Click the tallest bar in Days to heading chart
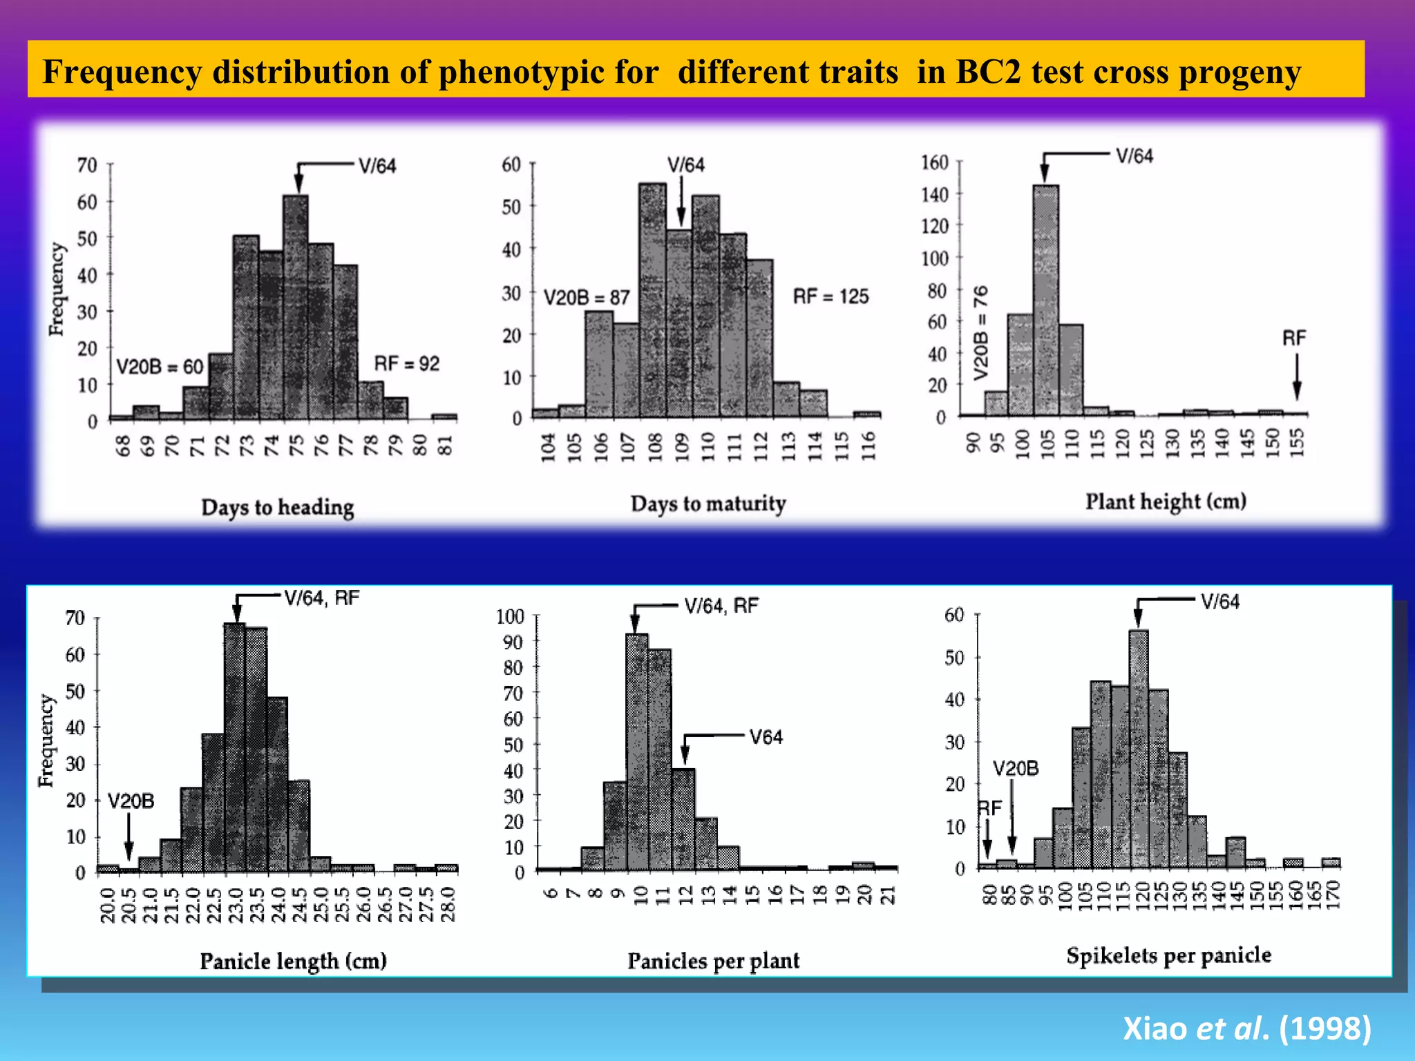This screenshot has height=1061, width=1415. click(296, 307)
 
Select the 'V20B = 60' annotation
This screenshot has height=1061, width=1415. click(160, 366)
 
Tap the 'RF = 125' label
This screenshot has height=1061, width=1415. click(830, 297)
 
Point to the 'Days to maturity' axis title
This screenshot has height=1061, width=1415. click(708, 504)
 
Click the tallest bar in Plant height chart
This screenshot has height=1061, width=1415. click(1046, 300)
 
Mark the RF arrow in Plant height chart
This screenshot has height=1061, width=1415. click(1297, 376)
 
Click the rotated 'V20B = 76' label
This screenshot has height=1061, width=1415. click(980, 332)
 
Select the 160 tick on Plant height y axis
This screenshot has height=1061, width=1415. click(935, 162)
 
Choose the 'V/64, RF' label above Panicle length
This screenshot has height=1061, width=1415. click(322, 598)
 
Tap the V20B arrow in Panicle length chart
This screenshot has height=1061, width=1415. click(129, 837)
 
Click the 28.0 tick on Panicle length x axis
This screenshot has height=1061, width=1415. click(448, 904)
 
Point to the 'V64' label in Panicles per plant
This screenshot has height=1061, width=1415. click(766, 737)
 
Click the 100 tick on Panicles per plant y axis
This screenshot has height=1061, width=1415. click(511, 616)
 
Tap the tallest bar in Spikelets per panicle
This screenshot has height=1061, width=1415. click(1139, 749)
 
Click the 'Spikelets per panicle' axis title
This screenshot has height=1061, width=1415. click(1168, 955)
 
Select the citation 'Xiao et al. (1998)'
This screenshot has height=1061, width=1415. click(1246, 1028)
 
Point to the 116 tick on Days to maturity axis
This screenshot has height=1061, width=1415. click(868, 446)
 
